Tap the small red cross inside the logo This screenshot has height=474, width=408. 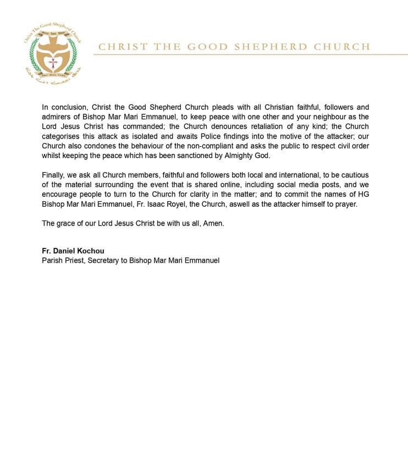(x=53, y=63)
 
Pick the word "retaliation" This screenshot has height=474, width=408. (x=255, y=126)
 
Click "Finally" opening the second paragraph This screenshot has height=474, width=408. (x=54, y=175)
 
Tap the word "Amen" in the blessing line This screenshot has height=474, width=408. (x=214, y=224)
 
